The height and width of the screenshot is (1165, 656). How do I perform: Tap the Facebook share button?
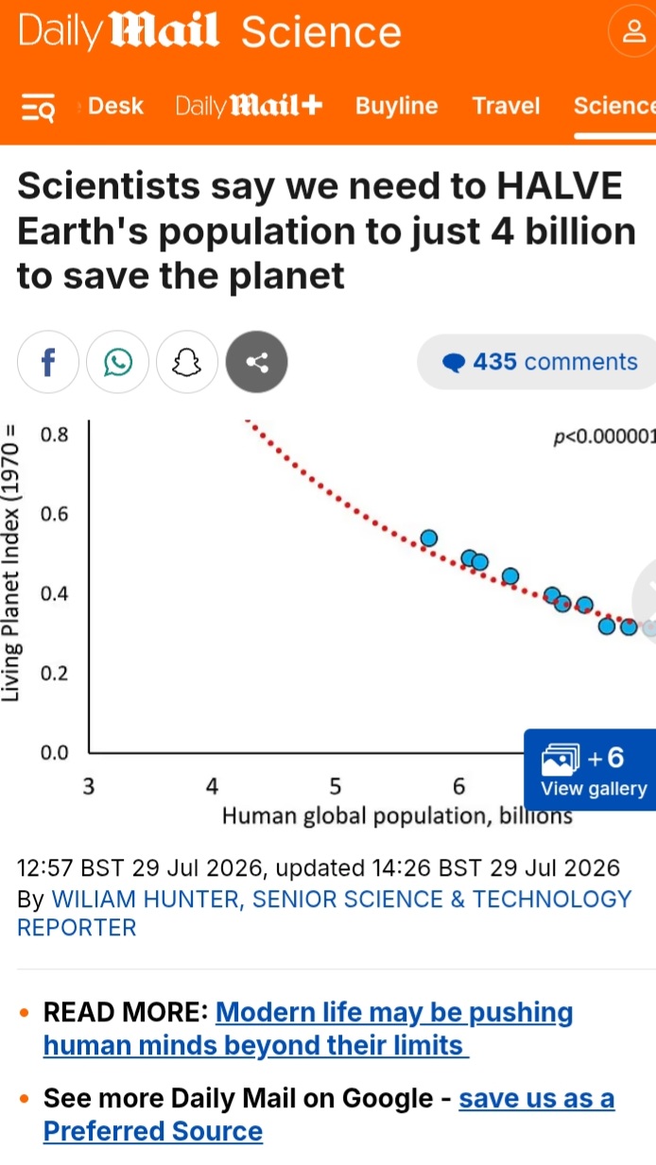(x=48, y=362)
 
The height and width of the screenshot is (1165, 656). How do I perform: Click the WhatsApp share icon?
(x=117, y=362)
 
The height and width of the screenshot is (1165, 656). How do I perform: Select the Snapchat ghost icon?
(x=187, y=362)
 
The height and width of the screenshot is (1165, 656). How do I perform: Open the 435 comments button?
(x=537, y=362)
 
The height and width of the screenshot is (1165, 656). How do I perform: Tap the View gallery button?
(x=590, y=770)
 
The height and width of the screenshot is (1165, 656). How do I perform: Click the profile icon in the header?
(x=634, y=31)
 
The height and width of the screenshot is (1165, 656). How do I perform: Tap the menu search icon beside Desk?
(x=38, y=107)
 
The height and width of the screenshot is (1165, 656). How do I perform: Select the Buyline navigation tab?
(x=396, y=106)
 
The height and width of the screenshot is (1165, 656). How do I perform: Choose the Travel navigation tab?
(x=506, y=106)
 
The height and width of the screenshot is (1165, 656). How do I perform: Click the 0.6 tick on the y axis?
(x=55, y=514)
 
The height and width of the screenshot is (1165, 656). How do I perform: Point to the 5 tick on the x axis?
(x=335, y=786)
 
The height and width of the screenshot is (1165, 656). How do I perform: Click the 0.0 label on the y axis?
(x=55, y=752)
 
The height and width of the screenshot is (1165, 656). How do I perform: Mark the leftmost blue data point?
(x=428, y=539)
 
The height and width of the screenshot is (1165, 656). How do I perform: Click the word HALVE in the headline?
(x=560, y=186)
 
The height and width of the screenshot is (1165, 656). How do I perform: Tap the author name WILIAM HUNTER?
(x=146, y=899)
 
